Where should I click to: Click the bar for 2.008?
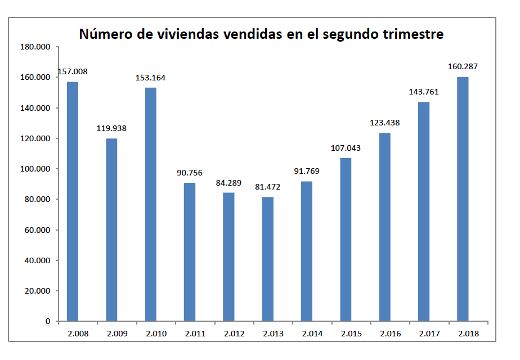73,201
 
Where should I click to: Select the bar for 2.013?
268,259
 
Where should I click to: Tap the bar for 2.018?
463,199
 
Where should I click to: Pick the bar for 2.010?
151,204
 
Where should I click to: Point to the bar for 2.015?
346,240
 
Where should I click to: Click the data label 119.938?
111,128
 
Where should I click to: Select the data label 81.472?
268,186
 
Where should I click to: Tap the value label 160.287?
463,66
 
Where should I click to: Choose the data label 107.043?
346,148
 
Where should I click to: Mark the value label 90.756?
189,173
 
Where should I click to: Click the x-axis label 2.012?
228,334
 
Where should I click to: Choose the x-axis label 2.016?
384,334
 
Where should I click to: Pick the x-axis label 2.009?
111,334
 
